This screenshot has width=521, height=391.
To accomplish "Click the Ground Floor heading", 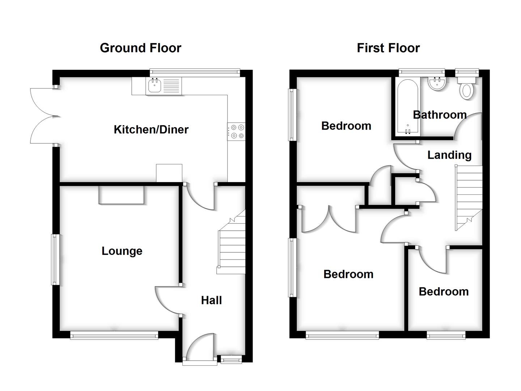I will click(140, 48).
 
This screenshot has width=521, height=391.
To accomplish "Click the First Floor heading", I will click(388, 48).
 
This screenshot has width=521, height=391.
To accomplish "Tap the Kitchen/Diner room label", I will click(151, 129).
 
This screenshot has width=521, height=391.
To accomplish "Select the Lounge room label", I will click(122, 251).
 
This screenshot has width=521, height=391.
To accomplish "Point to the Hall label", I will click(211, 300).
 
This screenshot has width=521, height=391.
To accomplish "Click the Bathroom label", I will click(440, 115).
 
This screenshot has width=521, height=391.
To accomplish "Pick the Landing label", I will click(449, 155).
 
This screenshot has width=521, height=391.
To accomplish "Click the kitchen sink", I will click(155, 86).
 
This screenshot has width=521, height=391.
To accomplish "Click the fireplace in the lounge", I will click(121, 195).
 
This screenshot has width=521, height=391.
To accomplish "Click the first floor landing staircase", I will click(469, 197).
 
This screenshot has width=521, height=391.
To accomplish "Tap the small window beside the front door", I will click(231, 359).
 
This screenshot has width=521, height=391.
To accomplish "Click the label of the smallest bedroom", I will click(444, 291).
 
